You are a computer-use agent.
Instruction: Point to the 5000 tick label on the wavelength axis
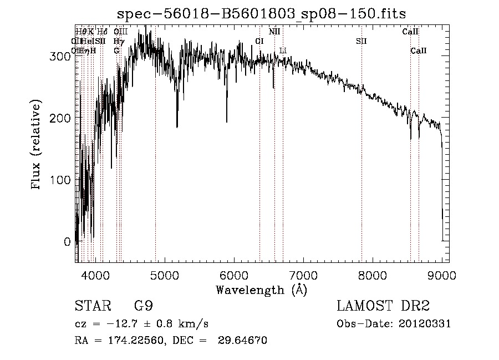tap(164, 275)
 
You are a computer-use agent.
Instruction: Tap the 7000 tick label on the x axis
tap(303, 275)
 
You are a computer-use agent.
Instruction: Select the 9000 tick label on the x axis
tap(441, 275)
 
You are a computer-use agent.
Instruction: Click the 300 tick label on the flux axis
tap(63, 56)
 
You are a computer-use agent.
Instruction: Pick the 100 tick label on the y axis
tap(63, 180)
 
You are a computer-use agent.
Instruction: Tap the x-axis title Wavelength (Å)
tap(261, 290)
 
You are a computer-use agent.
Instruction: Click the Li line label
tap(283, 51)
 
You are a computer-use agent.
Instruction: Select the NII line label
tap(274, 32)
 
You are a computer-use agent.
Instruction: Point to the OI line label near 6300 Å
tap(259, 42)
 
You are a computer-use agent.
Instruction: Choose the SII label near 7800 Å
tap(361, 42)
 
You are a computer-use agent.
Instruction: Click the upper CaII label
tap(410, 32)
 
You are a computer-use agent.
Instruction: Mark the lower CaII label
tap(419, 51)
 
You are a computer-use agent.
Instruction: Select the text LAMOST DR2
tap(383, 306)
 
